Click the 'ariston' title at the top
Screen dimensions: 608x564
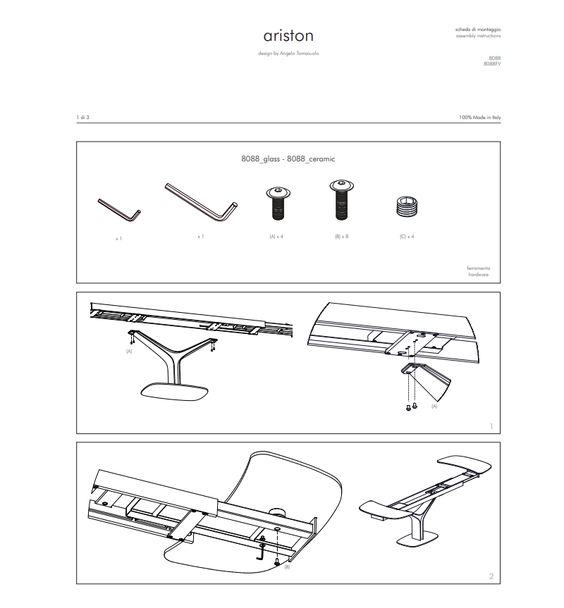[288, 36]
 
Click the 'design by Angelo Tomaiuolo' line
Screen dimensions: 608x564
[288, 54]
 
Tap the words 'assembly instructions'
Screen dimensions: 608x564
[479, 35]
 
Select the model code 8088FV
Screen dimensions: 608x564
[492, 63]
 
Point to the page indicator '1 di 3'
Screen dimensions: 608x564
[83, 117]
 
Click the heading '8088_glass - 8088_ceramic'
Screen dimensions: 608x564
[288, 159]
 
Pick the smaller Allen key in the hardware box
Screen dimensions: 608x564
[119, 210]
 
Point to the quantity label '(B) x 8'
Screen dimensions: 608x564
[341, 237]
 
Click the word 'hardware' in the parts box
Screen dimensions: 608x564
[479, 275]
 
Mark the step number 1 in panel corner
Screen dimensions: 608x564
[491, 426]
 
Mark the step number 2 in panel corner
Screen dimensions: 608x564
[491, 576]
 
